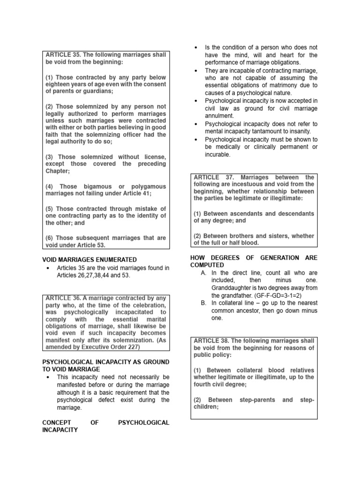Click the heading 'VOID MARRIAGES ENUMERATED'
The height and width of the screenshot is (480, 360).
coord(90,259)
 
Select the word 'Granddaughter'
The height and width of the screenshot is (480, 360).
coord(233,288)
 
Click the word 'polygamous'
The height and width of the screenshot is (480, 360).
coord(145,186)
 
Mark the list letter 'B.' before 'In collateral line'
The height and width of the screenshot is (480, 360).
coord(203,303)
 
